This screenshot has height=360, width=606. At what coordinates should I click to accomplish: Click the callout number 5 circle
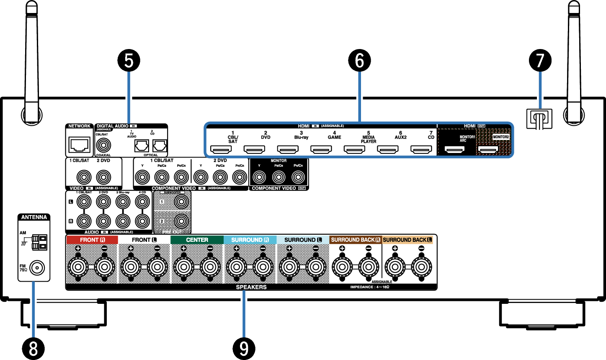129,61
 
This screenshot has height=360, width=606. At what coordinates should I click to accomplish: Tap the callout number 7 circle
540,61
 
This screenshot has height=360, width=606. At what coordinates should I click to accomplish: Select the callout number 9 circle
244,348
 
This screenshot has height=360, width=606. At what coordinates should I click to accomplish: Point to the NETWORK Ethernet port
79,145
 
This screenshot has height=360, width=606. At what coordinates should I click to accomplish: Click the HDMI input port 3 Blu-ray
288,149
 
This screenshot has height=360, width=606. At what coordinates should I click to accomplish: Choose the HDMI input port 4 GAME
321,149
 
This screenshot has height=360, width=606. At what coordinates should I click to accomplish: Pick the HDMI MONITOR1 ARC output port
454,149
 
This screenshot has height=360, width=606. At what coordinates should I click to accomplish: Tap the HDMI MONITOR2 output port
488,149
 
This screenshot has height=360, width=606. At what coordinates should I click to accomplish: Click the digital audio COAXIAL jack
103,145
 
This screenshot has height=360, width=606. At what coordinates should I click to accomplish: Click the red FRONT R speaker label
92,240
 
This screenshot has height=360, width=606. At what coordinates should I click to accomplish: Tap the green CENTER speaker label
197,240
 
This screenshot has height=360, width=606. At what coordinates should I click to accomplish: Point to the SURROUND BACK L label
407,240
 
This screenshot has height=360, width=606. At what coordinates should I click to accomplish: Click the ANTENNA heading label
34,217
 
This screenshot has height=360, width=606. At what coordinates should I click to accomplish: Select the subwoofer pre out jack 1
181,202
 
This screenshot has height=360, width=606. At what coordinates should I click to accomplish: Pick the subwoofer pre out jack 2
181,221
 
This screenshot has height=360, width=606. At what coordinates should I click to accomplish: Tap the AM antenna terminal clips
39,242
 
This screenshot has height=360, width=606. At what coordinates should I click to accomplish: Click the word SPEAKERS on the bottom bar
251,287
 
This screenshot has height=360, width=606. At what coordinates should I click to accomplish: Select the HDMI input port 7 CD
421,149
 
